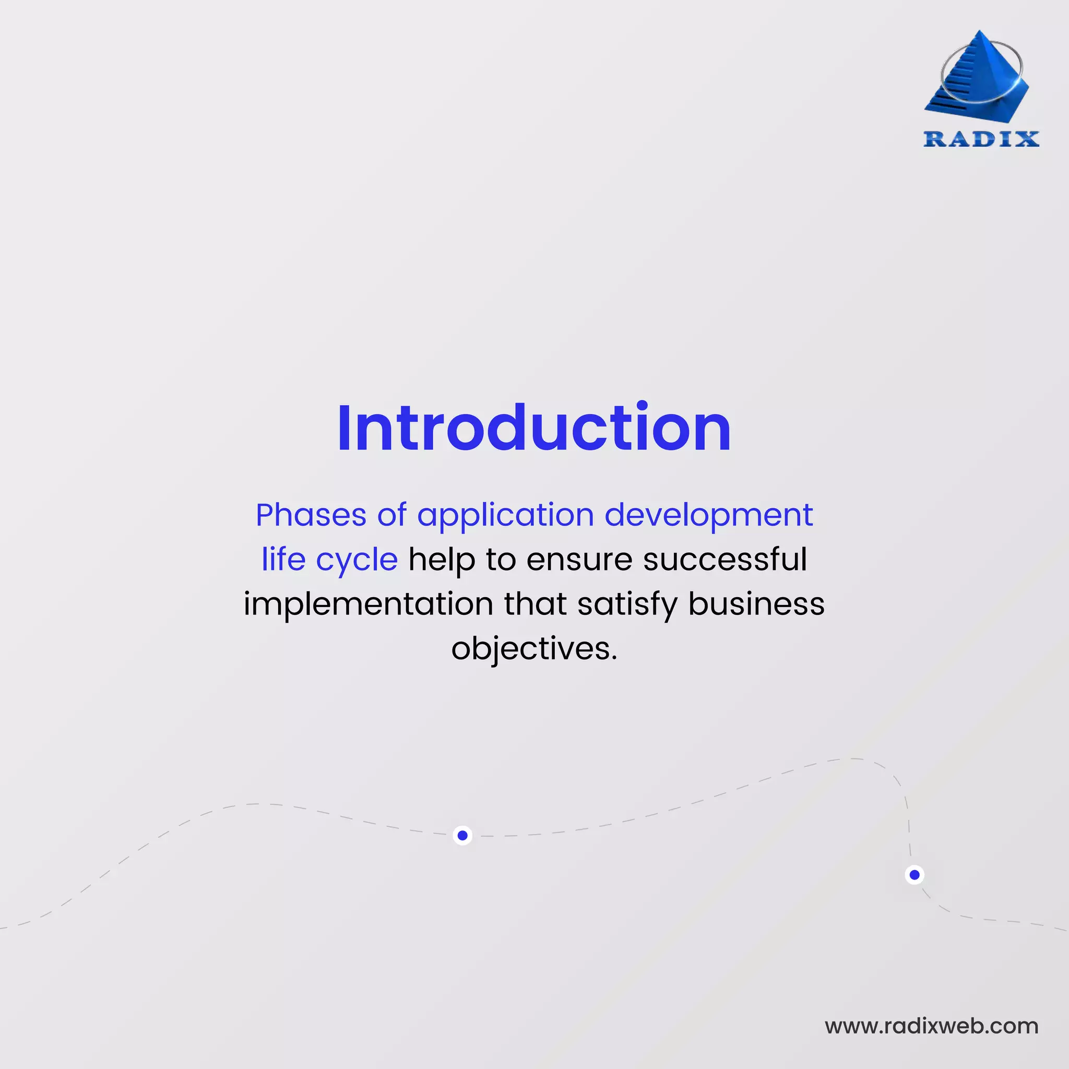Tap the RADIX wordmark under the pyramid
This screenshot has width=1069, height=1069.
981,139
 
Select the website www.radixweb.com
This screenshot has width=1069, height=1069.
931,1026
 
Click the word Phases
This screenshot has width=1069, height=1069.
311,515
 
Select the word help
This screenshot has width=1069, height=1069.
442,560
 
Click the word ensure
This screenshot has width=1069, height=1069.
579,560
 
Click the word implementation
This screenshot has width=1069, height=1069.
368,604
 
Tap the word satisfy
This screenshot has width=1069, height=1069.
627,604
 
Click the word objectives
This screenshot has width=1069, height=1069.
533,649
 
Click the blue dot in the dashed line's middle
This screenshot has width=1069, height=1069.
462,836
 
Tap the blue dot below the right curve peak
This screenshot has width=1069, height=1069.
914,875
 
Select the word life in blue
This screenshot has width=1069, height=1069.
283,560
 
